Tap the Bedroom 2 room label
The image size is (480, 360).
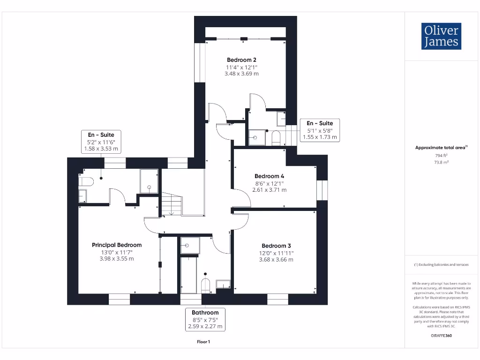click(x=241, y=60)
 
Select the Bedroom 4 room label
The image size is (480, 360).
click(x=270, y=176)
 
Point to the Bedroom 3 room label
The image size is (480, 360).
click(x=276, y=246)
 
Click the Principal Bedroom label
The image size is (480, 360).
click(x=117, y=245)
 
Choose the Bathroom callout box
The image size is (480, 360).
click(x=205, y=319)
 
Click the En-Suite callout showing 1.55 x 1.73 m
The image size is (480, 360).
click(x=320, y=130)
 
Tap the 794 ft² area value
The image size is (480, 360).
click(x=441, y=155)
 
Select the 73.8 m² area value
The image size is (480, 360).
click(x=441, y=162)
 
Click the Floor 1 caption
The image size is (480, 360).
click(x=203, y=342)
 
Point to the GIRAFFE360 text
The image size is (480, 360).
click(x=441, y=336)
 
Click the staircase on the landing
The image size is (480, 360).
click(x=172, y=204)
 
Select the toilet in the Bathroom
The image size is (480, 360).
click(x=205, y=285)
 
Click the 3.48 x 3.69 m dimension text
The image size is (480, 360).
click(x=241, y=74)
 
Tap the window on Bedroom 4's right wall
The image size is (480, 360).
click(x=322, y=190)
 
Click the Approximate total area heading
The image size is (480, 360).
click(x=441, y=148)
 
